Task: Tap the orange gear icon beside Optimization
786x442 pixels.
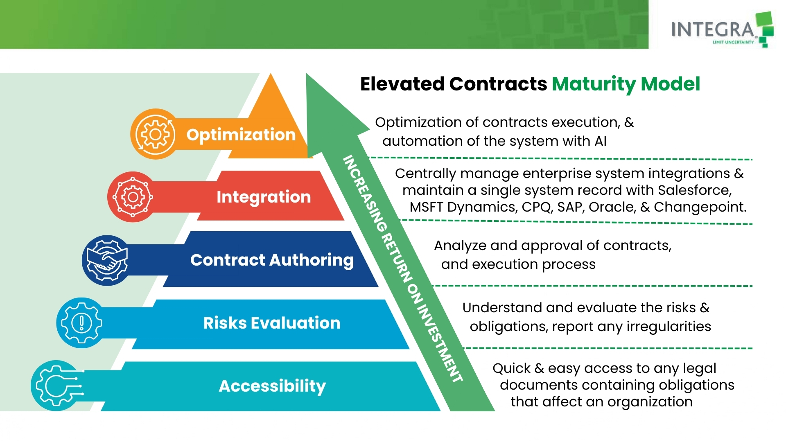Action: (x=155, y=134)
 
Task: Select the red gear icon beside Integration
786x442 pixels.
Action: (x=133, y=197)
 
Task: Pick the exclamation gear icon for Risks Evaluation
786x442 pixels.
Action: (x=81, y=323)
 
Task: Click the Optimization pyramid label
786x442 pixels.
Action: (x=241, y=135)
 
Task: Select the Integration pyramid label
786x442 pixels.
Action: (x=264, y=197)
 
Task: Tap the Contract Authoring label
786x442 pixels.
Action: (x=272, y=260)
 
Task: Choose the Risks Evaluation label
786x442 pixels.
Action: (x=272, y=323)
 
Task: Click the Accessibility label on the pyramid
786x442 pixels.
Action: (x=272, y=386)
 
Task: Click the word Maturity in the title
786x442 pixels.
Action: (x=594, y=84)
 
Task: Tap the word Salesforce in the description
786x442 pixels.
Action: (x=694, y=190)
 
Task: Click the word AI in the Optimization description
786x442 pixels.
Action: (x=600, y=141)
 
